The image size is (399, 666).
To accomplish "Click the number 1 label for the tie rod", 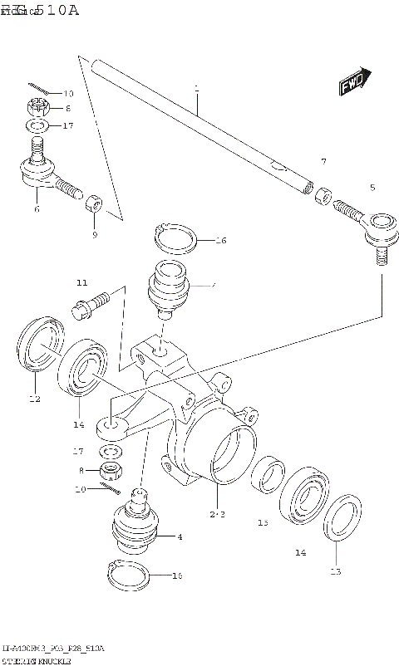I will [x=197, y=87].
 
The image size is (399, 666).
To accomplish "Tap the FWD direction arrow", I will [x=355, y=82].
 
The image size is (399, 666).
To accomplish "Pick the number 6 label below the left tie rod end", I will [x=36, y=211].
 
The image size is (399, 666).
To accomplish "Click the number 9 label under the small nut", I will [x=94, y=235].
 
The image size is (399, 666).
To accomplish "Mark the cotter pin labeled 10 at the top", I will [x=38, y=89].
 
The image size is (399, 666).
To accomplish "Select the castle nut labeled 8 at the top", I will [x=37, y=107].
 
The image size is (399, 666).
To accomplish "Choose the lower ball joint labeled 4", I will [x=133, y=525].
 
